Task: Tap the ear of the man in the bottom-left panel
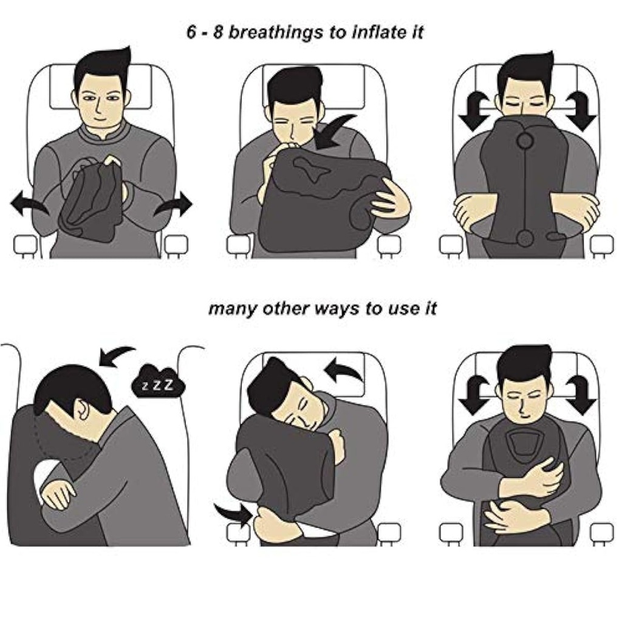point(78,409)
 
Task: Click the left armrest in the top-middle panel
point(238,244)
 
